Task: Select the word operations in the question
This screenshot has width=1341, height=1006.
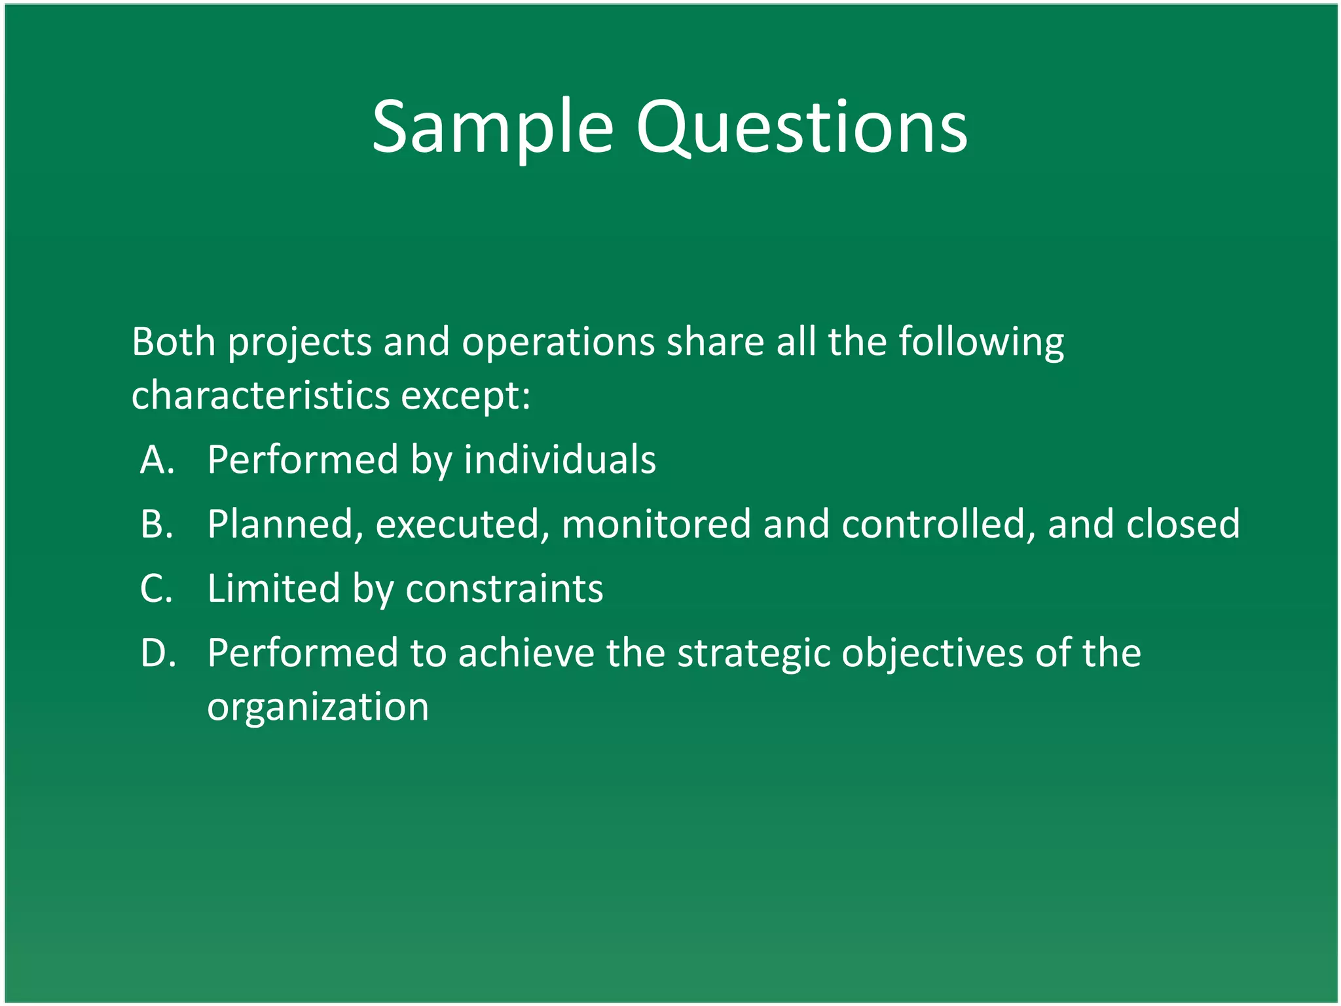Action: (x=558, y=342)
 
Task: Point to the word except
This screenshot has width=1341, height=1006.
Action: (x=465, y=396)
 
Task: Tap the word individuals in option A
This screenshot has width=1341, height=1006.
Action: (x=560, y=459)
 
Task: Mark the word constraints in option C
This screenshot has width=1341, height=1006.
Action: (x=504, y=588)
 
